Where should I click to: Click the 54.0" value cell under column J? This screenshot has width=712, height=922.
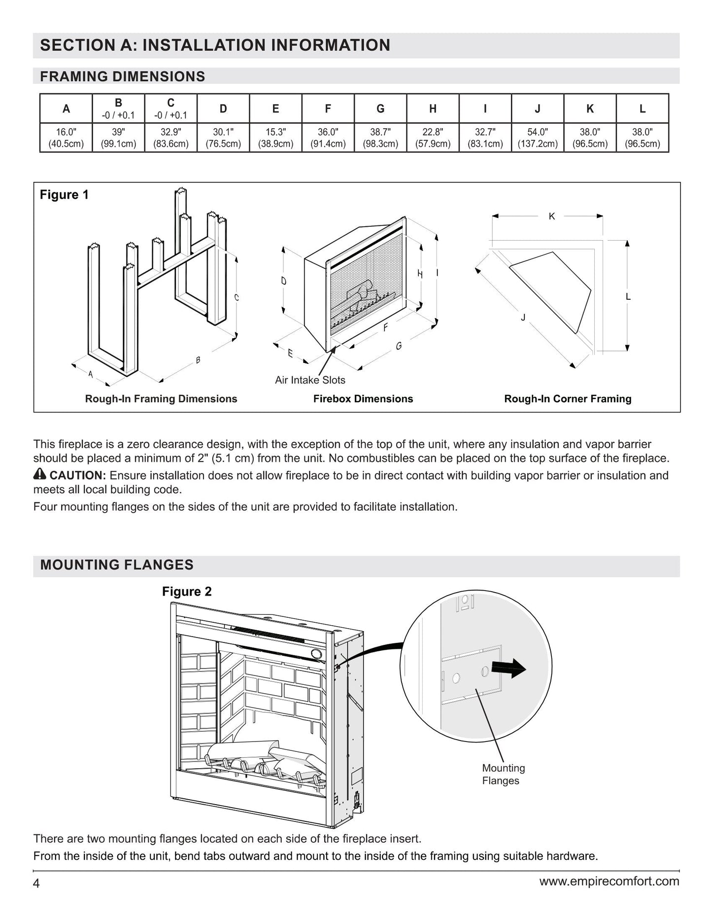(x=538, y=138)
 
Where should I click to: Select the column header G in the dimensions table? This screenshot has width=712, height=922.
(x=380, y=108)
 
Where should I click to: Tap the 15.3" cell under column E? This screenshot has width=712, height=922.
(x=275, y=138)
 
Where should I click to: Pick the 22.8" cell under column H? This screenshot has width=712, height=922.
(x=433, y=138)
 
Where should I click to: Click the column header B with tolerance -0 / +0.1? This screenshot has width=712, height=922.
(x=118, y=108)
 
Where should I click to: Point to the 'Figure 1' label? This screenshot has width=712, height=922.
(x=64, y=195)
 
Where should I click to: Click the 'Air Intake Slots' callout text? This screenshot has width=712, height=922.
(x=310, y=380)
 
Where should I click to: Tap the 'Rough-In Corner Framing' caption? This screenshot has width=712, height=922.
(x=568, y=399)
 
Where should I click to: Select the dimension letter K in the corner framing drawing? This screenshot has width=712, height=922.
(x=552, y=216)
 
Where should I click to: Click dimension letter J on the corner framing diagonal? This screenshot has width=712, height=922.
(x=523, y=318)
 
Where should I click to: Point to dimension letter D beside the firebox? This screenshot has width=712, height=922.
(x=283, y=281)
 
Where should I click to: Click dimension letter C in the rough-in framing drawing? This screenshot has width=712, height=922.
(x=237, y=297)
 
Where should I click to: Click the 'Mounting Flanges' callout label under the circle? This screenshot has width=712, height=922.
(x=503, y=774)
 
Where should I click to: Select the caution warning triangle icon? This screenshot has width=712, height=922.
(x=40, y=475)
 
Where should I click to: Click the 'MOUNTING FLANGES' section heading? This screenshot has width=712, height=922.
(x=117, y=565)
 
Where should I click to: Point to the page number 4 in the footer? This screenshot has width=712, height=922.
(x=36, y=883)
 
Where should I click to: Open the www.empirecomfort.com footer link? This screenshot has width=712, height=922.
(x=609, y=881)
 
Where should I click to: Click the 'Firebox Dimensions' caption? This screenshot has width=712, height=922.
(x=363, y=399)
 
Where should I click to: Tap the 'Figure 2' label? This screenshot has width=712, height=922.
(x=187, y=592)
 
